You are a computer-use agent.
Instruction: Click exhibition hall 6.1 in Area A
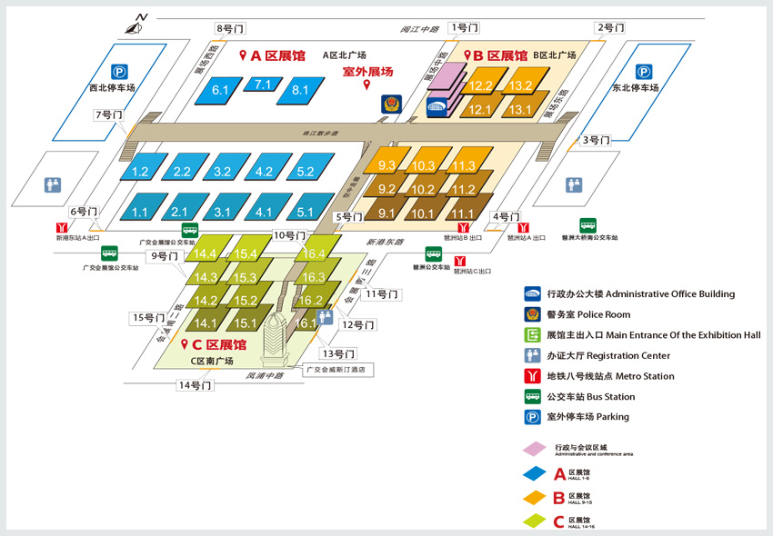pos(220,90)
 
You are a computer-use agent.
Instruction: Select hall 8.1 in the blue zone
pos(300,90)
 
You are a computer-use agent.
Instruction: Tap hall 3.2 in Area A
pos(223,171)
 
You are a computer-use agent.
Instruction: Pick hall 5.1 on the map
pos(305,213)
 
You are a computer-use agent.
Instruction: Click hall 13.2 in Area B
pos(520,86)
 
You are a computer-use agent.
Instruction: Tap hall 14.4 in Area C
pos(206,253)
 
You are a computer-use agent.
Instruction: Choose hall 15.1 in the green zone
pos(246,323)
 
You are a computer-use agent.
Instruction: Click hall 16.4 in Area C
pos(314,253)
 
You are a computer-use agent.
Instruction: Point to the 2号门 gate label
pos(609,28)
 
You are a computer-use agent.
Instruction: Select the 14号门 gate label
pos(195,385)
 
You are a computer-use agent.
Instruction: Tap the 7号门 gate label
pos(107,115)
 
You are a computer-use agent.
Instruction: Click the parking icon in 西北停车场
pos(119,71)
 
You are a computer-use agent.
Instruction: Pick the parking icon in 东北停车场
pos(644,71)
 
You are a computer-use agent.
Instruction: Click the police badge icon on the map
pos(391,104)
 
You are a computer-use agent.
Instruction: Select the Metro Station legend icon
pos(532,376)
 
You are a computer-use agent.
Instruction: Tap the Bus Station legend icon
pos(532,396)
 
